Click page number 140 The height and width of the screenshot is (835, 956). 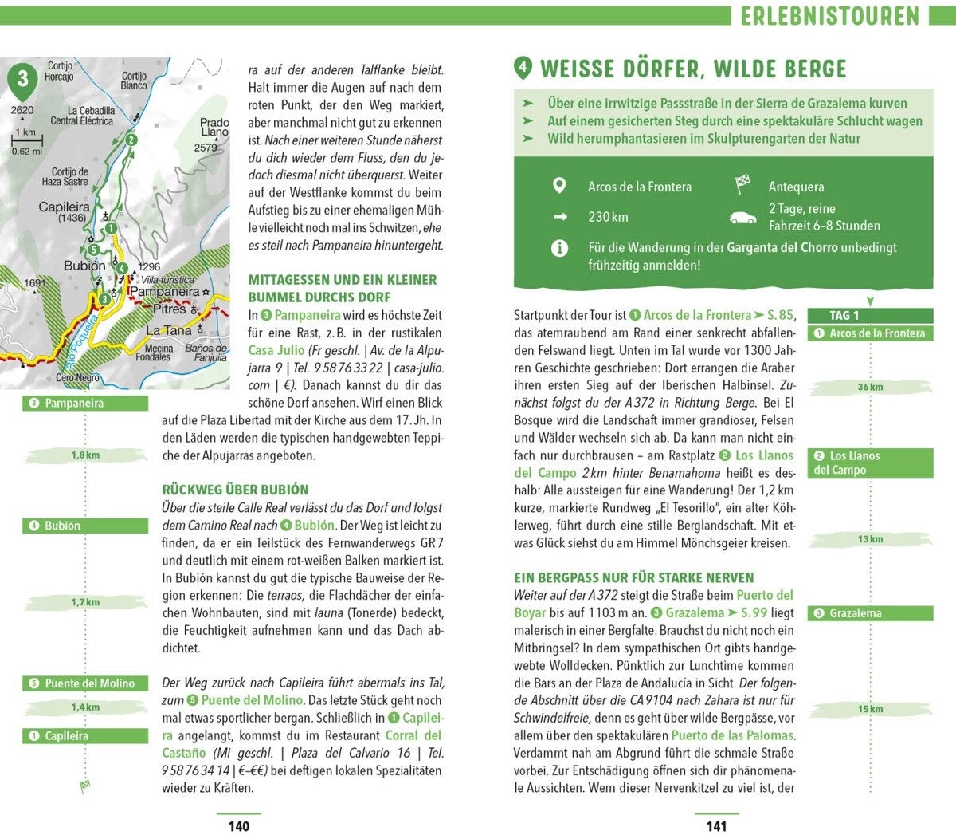[x=239, y=825]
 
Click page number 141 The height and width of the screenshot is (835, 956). [x=716, y=825]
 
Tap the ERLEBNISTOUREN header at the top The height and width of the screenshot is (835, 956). [x=829, y=15]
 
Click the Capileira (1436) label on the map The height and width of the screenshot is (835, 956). [x=65, y=211]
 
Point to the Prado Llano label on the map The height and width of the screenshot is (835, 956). [x=214, y=128]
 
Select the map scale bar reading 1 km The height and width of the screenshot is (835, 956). [x=27, y=141]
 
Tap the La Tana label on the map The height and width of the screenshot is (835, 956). [x=169, y=330]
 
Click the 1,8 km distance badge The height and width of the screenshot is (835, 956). [x=85, y=455]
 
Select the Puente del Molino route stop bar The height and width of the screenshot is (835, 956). [x=85, y=683]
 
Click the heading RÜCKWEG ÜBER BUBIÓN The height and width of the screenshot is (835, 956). [x=235, y=490]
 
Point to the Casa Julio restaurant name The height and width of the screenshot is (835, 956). [x=276, y=350]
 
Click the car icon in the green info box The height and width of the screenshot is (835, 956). [x=742, y=218]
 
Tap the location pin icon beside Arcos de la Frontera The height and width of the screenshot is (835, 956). [x=559, y=186]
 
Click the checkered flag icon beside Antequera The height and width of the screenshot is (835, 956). [x=742, y=185]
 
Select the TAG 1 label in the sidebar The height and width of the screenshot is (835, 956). [x=844, y=315]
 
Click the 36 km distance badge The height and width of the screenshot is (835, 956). [x=870, y=387]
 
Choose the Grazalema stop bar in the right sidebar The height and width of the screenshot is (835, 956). [x=870, y=613]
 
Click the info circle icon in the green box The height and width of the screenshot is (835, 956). [x=559, y=248]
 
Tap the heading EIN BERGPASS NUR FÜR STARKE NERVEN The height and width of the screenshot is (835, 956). [x=633, y=577]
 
